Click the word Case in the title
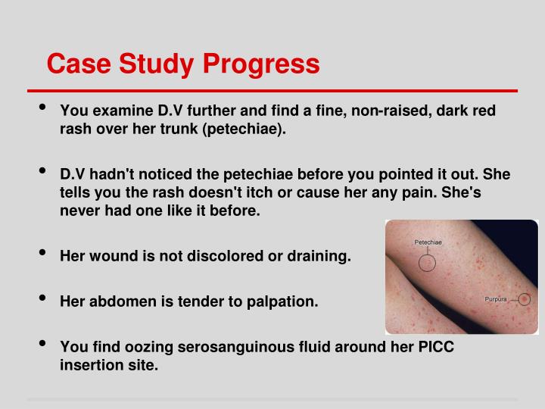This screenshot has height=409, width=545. (75, 64)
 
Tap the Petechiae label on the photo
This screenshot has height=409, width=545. (428, 243)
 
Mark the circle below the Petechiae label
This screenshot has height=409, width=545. (428, 263)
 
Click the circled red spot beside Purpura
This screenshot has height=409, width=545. (524, 300)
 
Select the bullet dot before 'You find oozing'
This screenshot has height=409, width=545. (45, 345)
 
